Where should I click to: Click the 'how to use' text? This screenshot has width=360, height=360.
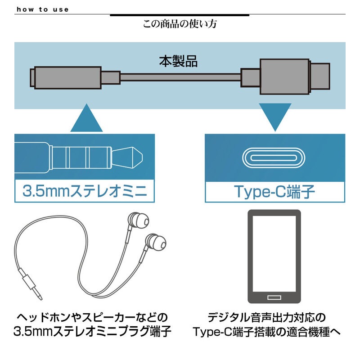(x=42, y=9)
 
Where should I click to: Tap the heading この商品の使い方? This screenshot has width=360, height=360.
(x=180, y=24)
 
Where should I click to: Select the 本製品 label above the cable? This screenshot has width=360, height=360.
(x=178, y=61)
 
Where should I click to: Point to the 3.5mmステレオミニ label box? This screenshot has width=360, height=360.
(x=85, y=191)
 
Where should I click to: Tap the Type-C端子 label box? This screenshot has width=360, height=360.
(x=274, y=191)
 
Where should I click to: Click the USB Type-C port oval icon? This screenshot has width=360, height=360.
(x=274, y=157)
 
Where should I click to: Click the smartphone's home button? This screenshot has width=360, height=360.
(x=274, y=297)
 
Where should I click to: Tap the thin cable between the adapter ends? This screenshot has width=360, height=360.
(x=180, y=77)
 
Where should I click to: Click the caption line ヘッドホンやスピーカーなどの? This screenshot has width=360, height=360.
(x=92, y=316)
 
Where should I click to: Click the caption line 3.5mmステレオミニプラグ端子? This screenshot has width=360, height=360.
(x=92, y=333)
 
